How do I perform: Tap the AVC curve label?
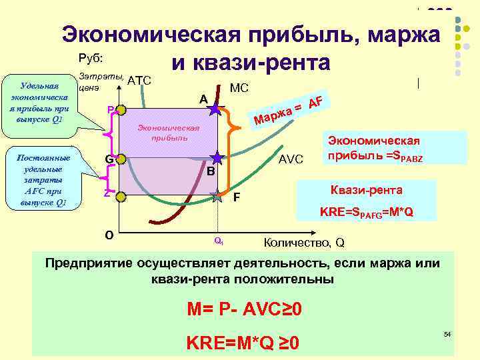coord(291,159)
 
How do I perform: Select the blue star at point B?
coord(217,158)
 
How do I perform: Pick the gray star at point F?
coord(217,196)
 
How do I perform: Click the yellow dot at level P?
coord(116,111)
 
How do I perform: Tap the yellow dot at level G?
coord(116,159)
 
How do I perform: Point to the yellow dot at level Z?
coord(116,195)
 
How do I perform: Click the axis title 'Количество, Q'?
coord(305,242)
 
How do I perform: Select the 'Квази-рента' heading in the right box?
coord(375,190)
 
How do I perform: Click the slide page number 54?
coord(447,333)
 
